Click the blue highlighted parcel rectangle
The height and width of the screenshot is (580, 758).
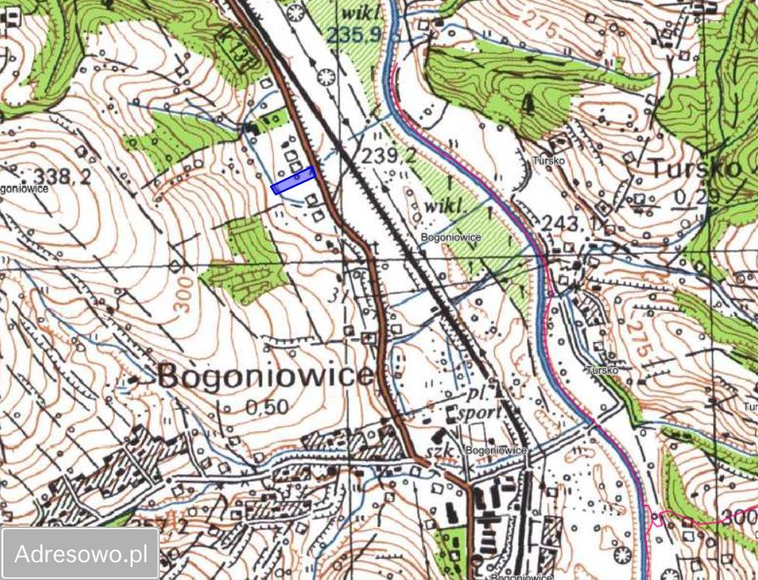(293, 180)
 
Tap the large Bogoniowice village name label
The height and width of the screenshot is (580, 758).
(266, 376)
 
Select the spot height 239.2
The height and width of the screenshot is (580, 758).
(389, 157)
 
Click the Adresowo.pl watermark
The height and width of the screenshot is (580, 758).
(81, 554)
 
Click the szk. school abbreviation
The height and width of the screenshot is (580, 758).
(443, 451)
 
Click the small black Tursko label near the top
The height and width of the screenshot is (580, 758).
(549, 161)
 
